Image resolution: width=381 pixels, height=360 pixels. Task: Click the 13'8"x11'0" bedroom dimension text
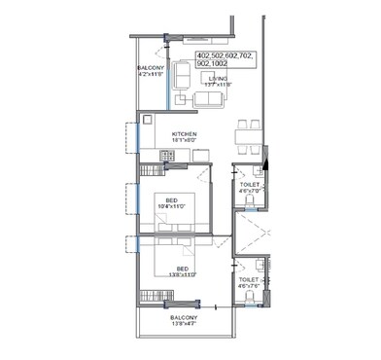click(182, 275)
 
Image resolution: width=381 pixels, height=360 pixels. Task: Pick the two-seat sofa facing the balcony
click(182, 76)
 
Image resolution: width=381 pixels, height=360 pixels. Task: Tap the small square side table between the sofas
click(181, 97)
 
